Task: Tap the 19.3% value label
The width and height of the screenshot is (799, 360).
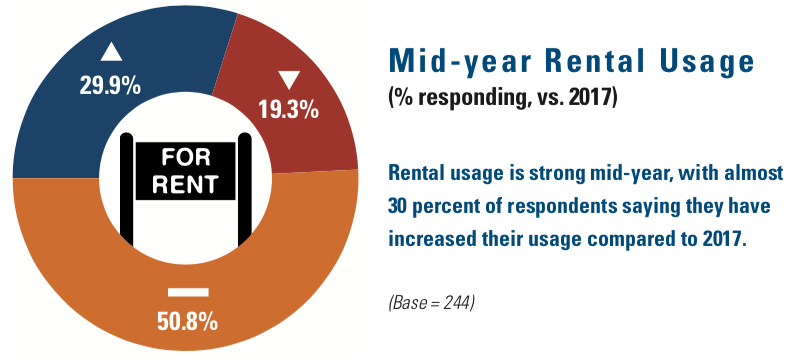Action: point(288,111)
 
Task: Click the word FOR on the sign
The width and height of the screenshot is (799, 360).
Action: point(182,157)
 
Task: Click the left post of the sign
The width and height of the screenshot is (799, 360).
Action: point(126,190)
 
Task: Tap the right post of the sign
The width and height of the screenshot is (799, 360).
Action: point(242,190)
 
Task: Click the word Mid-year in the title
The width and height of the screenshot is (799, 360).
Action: point(453,62)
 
